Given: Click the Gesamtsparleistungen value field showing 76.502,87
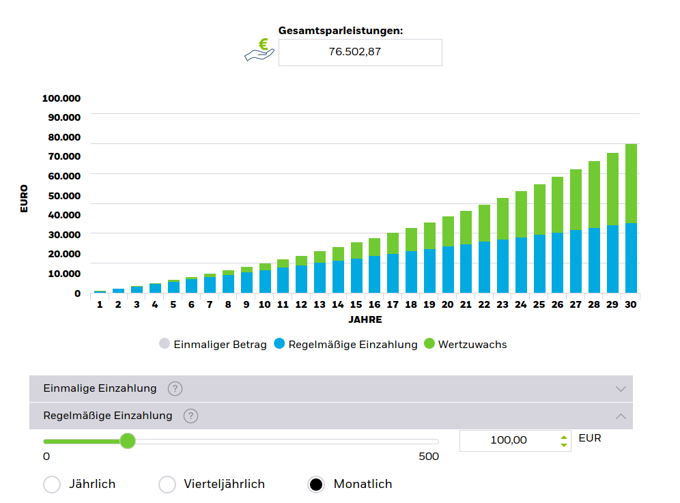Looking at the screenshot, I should pos(360,53).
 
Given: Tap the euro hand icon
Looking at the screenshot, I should pos(259,52).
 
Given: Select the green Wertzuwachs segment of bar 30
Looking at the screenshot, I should pos(631,183).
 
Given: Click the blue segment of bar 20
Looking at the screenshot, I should pos(448,269).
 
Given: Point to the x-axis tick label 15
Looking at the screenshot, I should pos(356,304).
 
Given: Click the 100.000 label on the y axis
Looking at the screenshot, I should pos(61,98).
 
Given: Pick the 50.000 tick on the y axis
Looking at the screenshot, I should pos(61,197).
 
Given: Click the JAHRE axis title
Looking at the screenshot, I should pos(365,319).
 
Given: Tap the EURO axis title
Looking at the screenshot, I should pos(25,198).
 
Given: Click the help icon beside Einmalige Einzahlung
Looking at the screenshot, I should pos(175,389).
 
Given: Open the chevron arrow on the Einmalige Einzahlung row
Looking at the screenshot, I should pos(620,389).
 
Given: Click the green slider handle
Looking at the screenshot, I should pos(128,441).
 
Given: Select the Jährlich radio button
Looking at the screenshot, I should pos(52,485).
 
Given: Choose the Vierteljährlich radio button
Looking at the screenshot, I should pos(167,485).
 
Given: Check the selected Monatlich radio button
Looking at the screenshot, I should pos(316,485).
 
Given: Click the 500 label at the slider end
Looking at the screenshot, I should pos(428,457).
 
